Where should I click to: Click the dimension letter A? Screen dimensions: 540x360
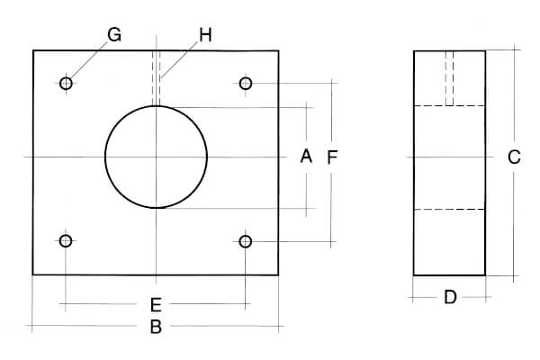[306, 156]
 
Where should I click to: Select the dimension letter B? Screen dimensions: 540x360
[156, 327]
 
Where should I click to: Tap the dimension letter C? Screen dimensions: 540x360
[514, 157]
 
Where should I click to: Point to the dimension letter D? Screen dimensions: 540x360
[450, 297]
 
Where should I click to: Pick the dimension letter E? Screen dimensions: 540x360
[156, 305]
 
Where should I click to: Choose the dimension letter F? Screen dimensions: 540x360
[332, 157]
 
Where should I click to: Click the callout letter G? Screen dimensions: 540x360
[114, 35]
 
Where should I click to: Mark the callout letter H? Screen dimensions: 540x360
[205, 35]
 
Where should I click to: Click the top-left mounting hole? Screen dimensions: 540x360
[66, 84]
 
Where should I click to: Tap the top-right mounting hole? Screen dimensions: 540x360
[246, 84]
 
